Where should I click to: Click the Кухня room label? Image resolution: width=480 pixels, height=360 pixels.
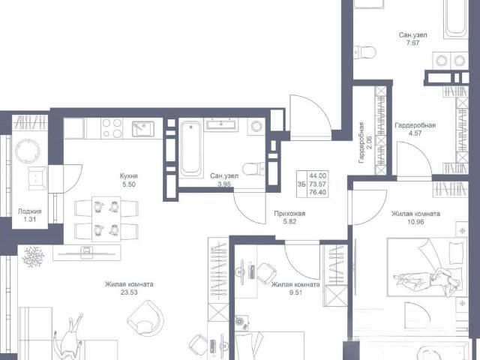tap(129, 176)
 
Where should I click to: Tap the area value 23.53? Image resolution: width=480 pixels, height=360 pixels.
tap(129, 292)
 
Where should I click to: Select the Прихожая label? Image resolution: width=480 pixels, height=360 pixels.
tap(289, 214)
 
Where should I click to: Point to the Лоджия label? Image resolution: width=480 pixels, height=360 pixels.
tap(30, 211)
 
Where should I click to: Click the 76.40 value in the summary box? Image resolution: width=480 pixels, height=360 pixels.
tap(318, 193)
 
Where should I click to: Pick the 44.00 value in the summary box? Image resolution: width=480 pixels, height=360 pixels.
tap(318, 176)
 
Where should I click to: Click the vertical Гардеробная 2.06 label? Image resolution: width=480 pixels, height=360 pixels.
tap(365, 142)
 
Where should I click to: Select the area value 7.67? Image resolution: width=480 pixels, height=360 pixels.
tap(412, 43)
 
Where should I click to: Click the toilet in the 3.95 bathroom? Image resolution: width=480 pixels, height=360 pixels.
tap(253, 168)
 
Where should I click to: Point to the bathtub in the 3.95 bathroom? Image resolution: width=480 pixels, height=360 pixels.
tap(191, 148)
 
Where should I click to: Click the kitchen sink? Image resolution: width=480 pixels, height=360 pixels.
tap(143, 128)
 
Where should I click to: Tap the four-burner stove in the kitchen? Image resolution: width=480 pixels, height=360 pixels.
tap(112, 128)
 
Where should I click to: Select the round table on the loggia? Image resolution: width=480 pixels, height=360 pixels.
tap(27, 151)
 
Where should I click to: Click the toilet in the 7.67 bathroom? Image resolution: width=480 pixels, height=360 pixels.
tap(365, 52)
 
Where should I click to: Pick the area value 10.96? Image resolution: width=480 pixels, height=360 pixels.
tap(415, 222)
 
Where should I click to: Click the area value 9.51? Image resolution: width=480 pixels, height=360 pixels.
tap(295, 292)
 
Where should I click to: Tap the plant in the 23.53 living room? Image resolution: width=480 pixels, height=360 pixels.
tap(33, 256)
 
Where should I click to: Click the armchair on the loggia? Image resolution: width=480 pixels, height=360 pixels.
tap(37, 178)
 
